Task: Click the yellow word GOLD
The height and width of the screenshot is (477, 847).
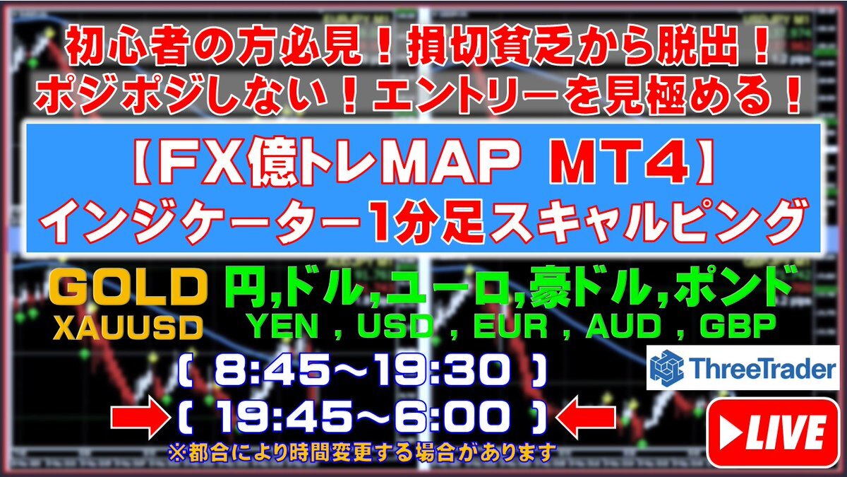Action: (129, 289)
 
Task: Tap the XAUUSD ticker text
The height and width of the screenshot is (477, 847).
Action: (128, 328)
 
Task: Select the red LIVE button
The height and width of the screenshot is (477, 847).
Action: (773, 432)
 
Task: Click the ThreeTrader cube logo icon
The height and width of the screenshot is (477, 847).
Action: (666, 367)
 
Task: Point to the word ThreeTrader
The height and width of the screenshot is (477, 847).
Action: (761, 368)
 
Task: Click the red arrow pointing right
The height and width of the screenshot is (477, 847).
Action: (140, 417)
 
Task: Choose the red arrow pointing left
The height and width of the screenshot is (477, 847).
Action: (586, 417)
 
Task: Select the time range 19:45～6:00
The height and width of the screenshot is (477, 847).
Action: (362, 418)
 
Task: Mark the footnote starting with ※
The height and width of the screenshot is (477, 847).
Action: (362, 452)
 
